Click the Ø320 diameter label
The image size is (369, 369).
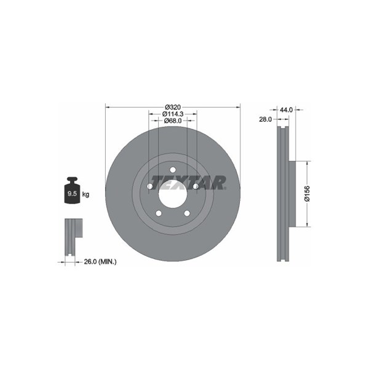[x=173, y=107]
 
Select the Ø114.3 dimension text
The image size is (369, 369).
[x=173, y=114]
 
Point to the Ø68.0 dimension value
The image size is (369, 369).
[x=173, y=121]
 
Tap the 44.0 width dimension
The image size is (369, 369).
[x=286, y=109]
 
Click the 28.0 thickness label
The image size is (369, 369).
[x=265, y=119]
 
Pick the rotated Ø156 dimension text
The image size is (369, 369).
[x=307, y=194]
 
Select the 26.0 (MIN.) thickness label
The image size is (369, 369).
[x=100, y=261]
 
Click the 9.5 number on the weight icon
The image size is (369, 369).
[x=72, y=194]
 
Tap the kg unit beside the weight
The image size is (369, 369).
[x=85, y=194]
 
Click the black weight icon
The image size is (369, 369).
[x=73, y=190]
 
